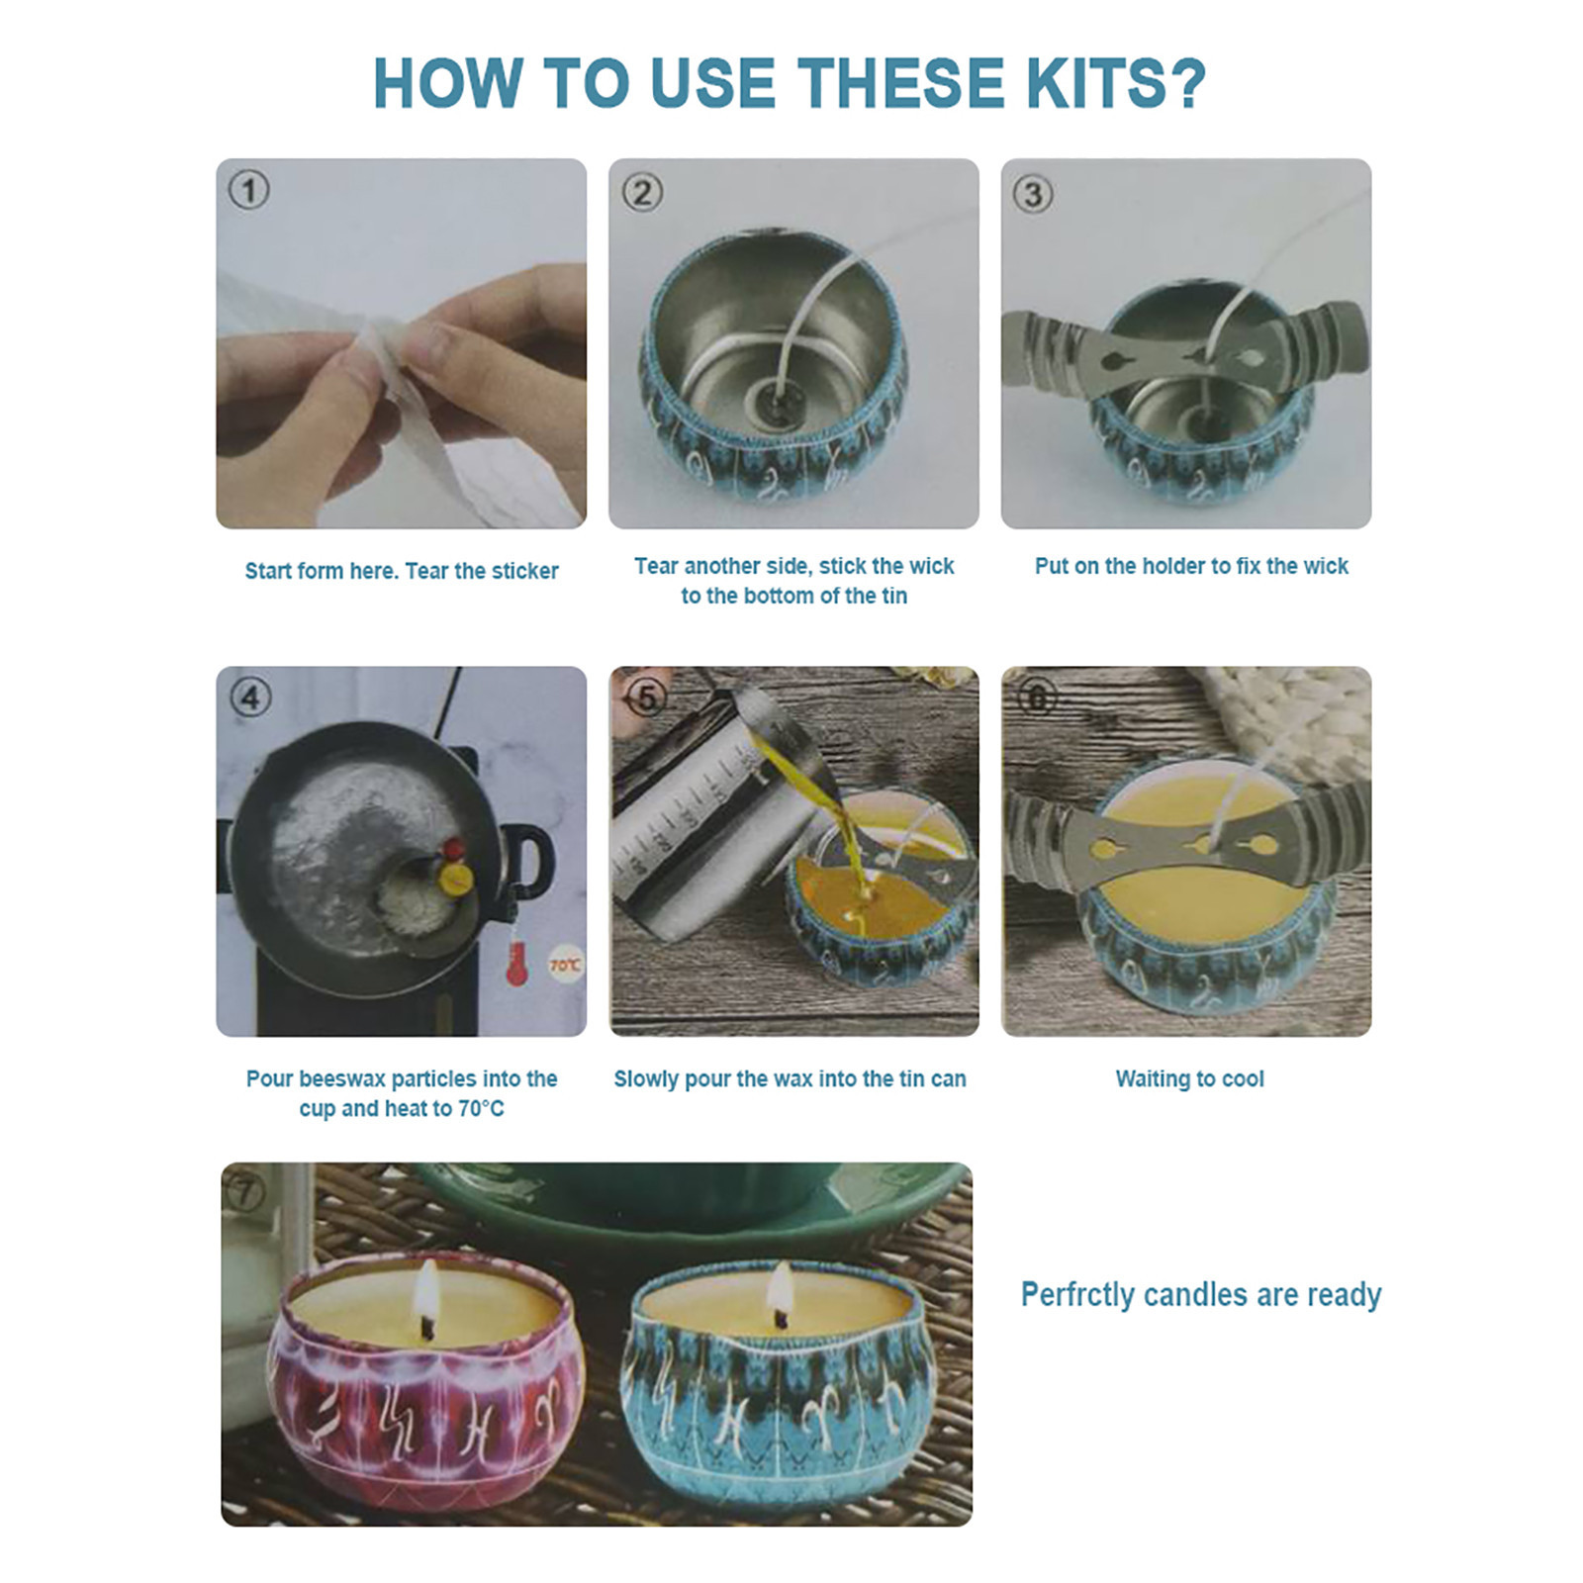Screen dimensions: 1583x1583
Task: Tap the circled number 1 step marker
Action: (x=248, y=190)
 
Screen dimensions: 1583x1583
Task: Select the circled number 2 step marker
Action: (x=642, y=192)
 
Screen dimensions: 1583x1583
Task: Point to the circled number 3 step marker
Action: (x=1033, y=194)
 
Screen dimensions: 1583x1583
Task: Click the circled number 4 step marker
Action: (x=250, y=698)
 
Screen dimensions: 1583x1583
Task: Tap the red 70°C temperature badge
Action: (x=565, y=965)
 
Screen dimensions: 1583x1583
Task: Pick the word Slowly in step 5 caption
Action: (x=646, y=1079)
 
